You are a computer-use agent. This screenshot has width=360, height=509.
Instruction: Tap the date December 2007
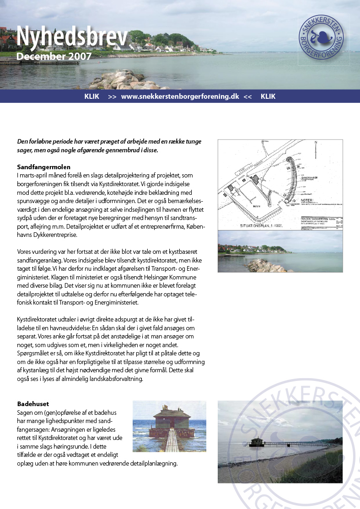(x=54, y=57)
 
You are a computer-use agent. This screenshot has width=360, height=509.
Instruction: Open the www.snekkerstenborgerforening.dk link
(x=180, y=96)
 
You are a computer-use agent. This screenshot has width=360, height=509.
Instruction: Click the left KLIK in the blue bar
(x=92, y=96)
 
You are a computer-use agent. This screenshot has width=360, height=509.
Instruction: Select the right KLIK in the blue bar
(x=268, y=96)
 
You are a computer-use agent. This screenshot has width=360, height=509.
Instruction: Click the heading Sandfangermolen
(x=43, y=167)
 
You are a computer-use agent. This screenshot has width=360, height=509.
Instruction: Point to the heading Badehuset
(x=33, y=404)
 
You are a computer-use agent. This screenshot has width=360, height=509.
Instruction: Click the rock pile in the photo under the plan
(x=259, y=266)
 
